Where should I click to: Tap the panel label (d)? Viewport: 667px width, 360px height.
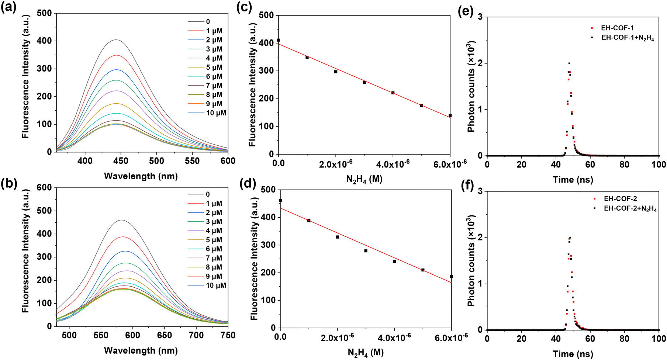click(248, 183)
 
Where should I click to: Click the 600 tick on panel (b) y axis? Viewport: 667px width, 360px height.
click(44, 188)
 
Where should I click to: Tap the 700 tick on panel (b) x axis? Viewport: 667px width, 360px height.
click(196, 335)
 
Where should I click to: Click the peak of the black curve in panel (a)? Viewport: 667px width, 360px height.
click(116, 40)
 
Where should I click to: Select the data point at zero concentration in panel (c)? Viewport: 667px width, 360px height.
click(279, 40)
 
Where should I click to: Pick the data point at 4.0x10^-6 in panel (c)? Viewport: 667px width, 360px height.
click(393, 93)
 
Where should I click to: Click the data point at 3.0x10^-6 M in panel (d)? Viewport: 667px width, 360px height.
click(366, 251)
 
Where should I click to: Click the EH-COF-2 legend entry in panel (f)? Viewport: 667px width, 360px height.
click(620, 199)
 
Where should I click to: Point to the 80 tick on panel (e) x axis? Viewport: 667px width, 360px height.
click(624, 165)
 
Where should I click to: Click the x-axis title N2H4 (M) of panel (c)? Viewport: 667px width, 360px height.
click(364, 179)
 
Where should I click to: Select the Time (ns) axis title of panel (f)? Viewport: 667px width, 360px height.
click(573, 354)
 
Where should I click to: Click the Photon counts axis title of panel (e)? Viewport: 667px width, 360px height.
click(472, 86)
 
